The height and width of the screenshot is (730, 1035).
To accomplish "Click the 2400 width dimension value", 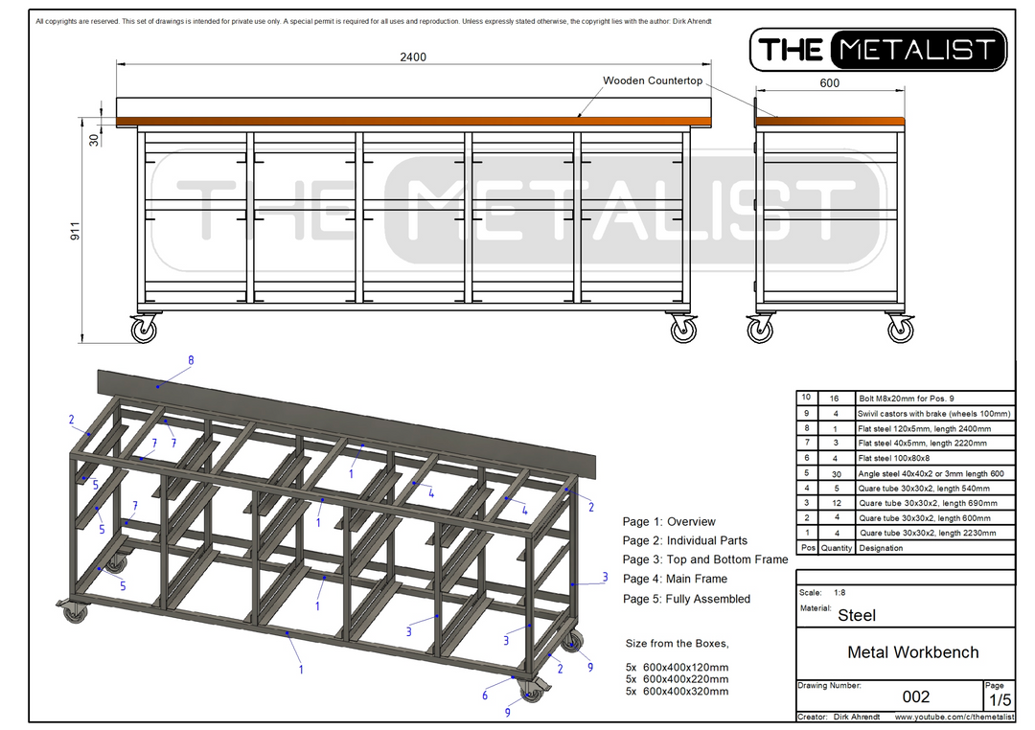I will tap(413, 57).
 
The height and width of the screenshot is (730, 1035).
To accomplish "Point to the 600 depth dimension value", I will tap(830, 83).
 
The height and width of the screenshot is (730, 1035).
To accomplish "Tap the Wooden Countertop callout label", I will tap(653, 80).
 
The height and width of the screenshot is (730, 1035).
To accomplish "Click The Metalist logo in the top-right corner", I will tap(878, 50).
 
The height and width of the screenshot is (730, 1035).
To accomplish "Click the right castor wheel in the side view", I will tap(900, 331).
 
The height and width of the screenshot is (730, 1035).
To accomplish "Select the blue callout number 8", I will tap(191, 360).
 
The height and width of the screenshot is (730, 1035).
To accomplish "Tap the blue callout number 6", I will tap(485, 696).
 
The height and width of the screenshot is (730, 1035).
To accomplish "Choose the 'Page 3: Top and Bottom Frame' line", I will tap(704, 559).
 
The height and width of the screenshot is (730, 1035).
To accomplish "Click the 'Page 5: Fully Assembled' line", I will tap(686, 599).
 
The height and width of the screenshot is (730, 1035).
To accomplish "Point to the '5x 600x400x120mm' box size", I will tap(677, 667).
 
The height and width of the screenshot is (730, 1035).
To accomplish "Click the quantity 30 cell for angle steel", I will tap(836, 473).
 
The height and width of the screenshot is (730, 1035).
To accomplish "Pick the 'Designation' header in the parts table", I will tap(882, 548).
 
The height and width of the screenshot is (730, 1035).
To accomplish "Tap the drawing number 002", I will tap(916, 696).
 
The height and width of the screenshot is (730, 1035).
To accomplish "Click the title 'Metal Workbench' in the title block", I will tap(913, 652).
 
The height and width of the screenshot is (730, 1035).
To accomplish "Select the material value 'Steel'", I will tap(857, 615).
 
